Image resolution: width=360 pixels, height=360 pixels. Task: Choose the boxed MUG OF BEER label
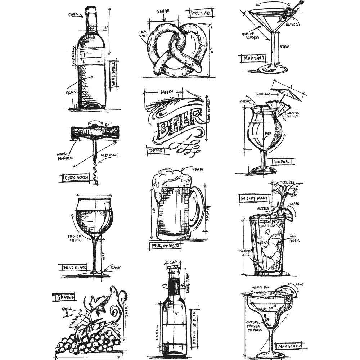click(165, 246)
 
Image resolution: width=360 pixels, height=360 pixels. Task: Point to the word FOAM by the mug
click(198, 169)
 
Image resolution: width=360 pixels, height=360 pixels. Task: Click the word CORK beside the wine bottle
click(73, 15)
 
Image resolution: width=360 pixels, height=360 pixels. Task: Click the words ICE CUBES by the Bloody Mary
click(294, 238)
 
